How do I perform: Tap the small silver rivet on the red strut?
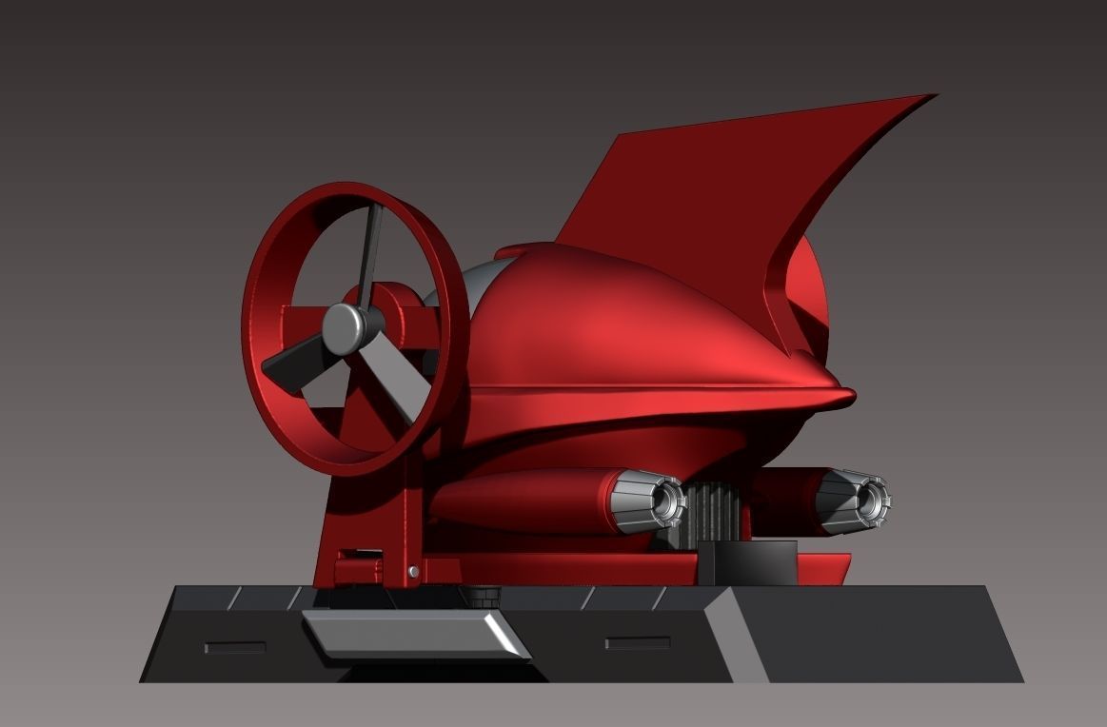412,571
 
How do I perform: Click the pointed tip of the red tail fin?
933,96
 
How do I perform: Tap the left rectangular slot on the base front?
234,648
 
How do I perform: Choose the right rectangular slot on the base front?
637,643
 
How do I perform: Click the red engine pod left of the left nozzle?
524,501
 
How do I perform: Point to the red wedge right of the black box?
823,569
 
